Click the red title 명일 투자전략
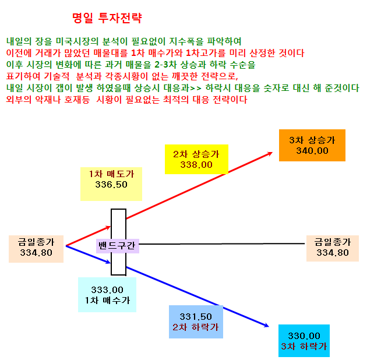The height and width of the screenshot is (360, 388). pos(107,18)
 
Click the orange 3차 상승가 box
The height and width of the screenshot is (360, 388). pos(312,145)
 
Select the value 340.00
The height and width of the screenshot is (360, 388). pos(312,151)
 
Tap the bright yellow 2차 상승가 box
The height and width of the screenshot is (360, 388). pos(196,160)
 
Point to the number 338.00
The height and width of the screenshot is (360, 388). pos(196,164)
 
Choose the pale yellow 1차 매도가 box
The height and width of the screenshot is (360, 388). pos(111,184)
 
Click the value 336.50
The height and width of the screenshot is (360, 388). pos(111,184)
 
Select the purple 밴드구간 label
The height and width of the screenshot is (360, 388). pos(118,246)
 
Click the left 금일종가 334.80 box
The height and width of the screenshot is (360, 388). pos(36,249)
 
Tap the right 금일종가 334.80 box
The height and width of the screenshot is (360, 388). pos(333,248)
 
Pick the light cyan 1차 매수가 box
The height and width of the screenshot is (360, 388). pos(107,295)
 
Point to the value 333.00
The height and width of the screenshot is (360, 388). pos(107,290)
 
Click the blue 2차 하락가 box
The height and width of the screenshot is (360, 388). pos(196,322)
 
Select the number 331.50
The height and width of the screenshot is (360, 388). pos(196,317)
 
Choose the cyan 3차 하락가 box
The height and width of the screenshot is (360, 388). pos(304,341)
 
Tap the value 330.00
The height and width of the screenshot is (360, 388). pos(304,336)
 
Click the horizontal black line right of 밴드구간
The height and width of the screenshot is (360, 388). pos(222,244)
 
